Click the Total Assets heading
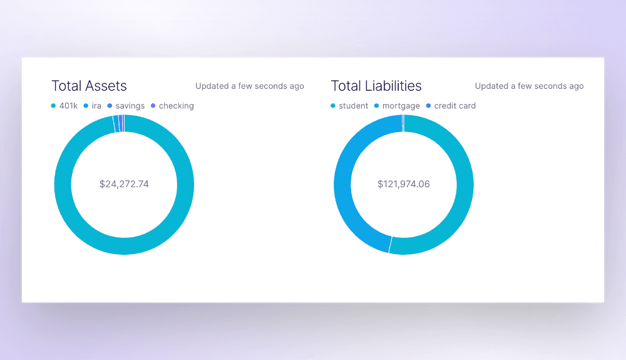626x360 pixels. point(89,86)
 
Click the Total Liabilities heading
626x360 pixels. point(376,86)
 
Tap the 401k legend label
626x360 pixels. point(68,106)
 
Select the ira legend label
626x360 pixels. point(96,106)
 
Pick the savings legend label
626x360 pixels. point(130,106)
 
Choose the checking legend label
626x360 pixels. point(176,106)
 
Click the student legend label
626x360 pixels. point(354,106)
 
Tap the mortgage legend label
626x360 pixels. point(401,106)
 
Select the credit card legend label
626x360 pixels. point(455,106)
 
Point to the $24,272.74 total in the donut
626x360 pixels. point(124,184)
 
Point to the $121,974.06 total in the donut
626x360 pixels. point(404,184)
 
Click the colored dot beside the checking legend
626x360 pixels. point(153,106)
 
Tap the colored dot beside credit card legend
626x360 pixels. point(428,106)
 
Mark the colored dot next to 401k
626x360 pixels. point(53,106)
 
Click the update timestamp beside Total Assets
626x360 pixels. point(250,86)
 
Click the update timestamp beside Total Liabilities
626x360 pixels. point(529,86)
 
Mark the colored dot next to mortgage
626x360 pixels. point(376,106)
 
